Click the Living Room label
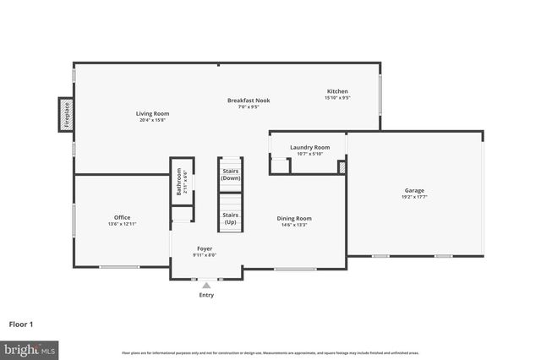coord(153,113)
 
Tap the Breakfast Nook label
coord(243,101)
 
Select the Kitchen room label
coord(337,91)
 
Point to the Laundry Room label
coord(309,147)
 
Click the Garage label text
coord(413,190)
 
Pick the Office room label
coord(123,217)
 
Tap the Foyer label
coord(205,248)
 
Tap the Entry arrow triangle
coord(206,286)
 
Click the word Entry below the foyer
coord(206,295)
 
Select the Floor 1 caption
coord(21,324)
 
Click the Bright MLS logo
coord(30,348)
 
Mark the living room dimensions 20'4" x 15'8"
coord(153,120)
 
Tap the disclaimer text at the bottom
coord(270,352)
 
